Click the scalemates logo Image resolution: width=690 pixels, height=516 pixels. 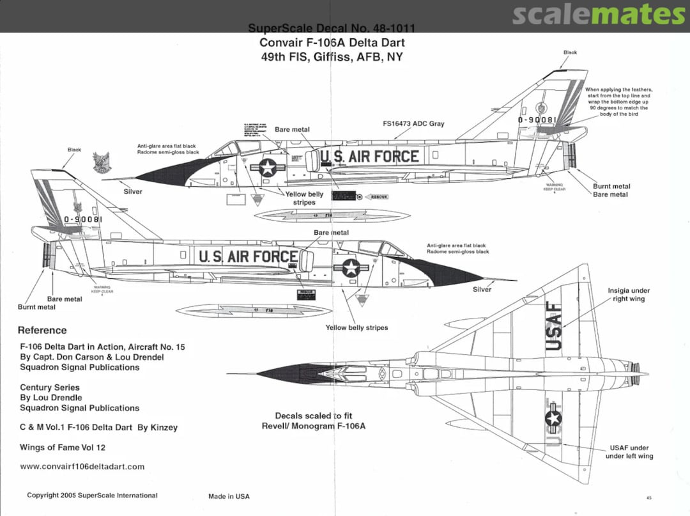(x=599, y=15)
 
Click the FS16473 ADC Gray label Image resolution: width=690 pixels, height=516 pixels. (x=413, y=123)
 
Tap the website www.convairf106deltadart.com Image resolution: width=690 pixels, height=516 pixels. (x=82, y=467)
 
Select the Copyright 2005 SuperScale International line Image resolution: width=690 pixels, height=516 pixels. (x=92, y=496)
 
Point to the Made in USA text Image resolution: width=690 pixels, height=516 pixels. (x=229, y=497)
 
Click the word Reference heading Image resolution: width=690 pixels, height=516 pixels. (x=42, y=331)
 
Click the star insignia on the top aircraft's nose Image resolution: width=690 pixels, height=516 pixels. (x=268, y=168)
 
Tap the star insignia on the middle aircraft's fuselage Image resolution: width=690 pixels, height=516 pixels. (x=351, y=267)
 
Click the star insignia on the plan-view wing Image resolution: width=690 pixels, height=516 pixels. (x=553, y=418)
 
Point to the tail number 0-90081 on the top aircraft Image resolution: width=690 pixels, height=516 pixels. (x=537, y=120)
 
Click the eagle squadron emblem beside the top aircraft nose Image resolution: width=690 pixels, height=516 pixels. (x=100, y=163)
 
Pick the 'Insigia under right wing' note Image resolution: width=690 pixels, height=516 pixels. (x=629, y=295)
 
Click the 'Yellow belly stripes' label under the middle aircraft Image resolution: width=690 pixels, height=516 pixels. (x=356, y=328)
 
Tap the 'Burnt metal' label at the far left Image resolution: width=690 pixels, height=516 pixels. (x=36, y=308)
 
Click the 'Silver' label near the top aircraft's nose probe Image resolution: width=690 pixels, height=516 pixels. (x=133, y=192)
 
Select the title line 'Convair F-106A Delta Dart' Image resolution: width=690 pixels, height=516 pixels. (x=332, y=43)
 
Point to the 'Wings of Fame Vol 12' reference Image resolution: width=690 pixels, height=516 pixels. (x=63, y=448)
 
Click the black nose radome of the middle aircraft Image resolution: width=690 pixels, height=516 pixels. (x=447, y=273)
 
